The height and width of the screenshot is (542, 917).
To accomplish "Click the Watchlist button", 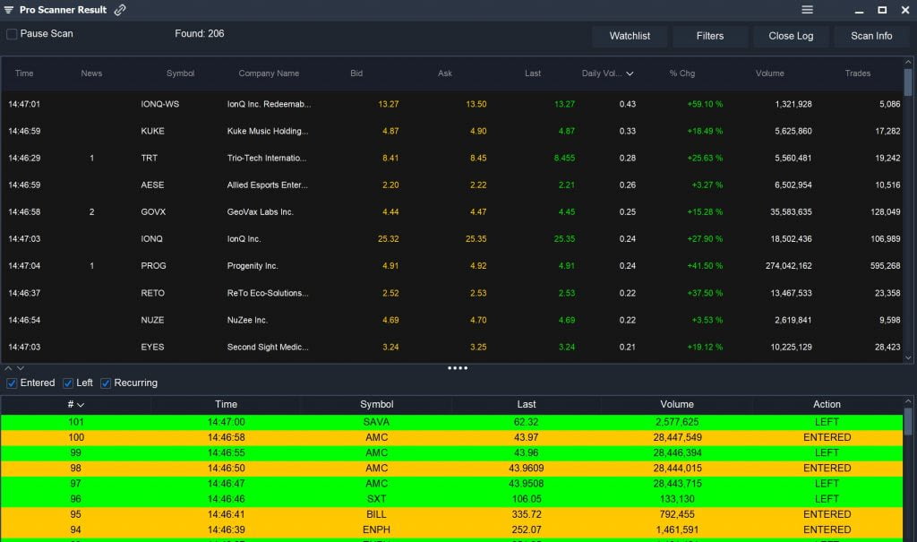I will pos(630,36).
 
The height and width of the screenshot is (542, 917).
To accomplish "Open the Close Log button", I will pos(791,36).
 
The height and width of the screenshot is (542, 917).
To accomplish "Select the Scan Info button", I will pos(871,36).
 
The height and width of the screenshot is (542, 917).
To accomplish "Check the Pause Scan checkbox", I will pos(13,34).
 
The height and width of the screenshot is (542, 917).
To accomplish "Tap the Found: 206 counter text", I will pos(200,34).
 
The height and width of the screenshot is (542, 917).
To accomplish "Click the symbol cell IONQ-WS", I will pos(160,104).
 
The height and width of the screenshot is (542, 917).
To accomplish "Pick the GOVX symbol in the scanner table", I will pos(153,212).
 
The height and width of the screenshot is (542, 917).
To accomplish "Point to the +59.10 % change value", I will pos(705,104).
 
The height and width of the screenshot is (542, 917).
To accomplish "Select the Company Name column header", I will pos(269,73).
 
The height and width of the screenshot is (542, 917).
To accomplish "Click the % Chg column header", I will pos(682,73).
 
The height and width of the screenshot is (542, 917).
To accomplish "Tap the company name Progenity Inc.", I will pos(253,266).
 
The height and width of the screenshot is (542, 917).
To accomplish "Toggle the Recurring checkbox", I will pos(107,383).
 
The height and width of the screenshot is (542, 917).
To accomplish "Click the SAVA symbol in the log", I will pos(376,422).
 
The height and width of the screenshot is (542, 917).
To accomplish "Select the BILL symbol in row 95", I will pos(376,514).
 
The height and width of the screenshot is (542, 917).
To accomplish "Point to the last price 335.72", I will pos(527,514).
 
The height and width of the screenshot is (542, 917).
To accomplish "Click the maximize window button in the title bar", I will pos(882,10).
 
